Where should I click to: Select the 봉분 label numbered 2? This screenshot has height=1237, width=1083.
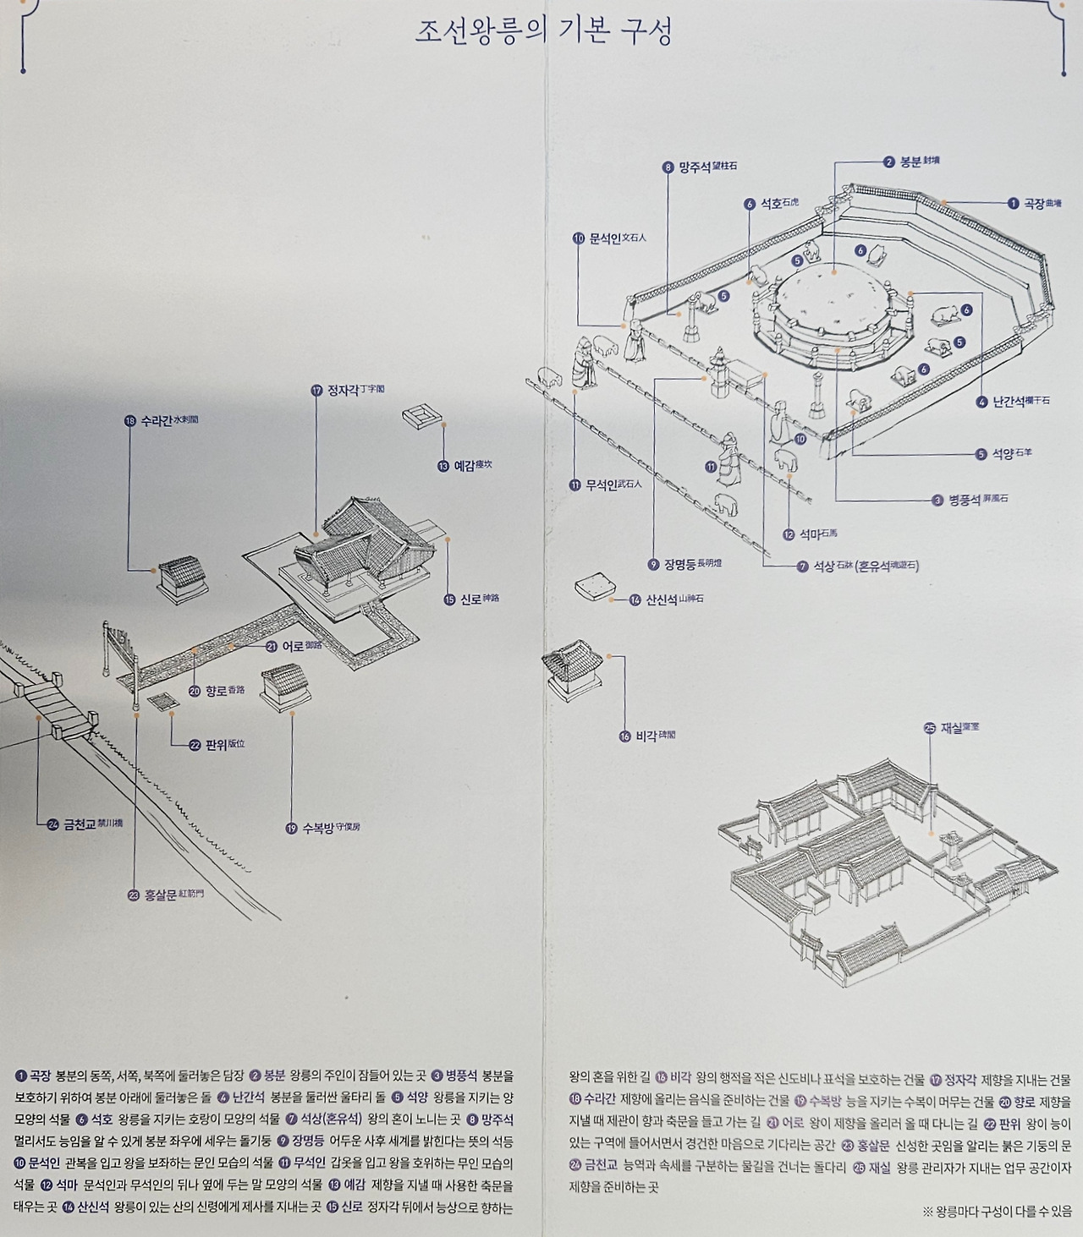tap(911, 161)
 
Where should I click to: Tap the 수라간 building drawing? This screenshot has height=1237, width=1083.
tap(182, 579)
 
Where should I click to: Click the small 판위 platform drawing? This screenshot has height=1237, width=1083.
tap(160, 702)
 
